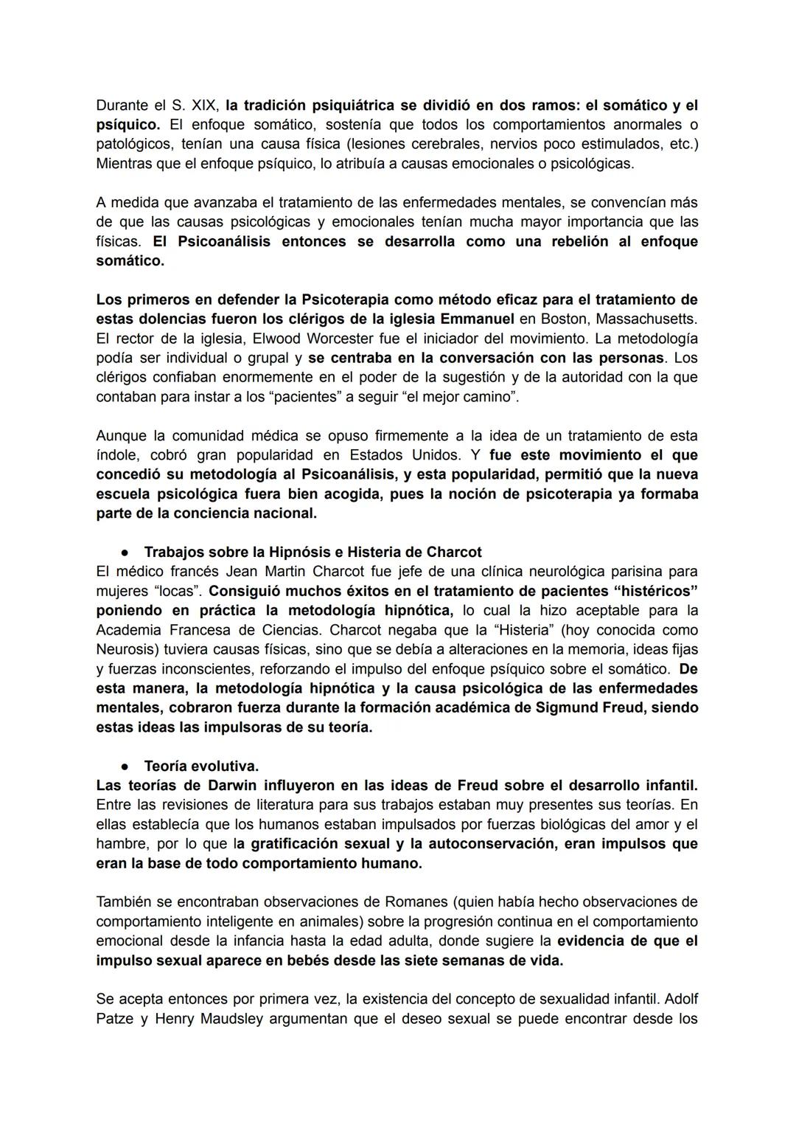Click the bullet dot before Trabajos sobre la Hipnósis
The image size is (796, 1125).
tap(127, 553)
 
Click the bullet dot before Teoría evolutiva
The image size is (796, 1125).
tap(127, 766)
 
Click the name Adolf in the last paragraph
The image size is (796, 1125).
tap(679, 999)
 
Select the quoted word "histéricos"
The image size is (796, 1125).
tap(649, 591)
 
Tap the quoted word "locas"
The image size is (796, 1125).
tap(173, 591)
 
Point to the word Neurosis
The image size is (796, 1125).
tap(124, 649)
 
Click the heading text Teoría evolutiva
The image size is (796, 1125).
tap(201, 766)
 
